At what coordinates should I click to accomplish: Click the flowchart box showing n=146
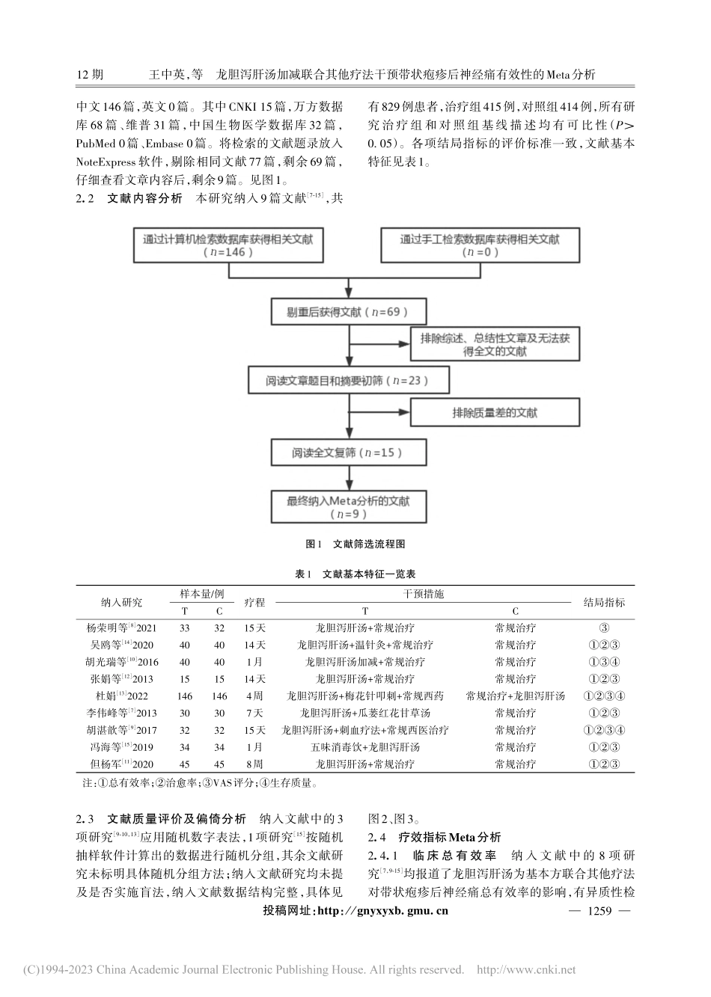coord(228,245)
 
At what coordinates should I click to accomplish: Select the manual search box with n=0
coord(480,245)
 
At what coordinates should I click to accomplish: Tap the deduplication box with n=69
coord(341,311)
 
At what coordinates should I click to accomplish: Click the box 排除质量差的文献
coord(495,413)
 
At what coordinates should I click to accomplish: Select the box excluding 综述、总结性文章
coord(495,345)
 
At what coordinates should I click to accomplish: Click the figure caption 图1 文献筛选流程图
coord(355,544)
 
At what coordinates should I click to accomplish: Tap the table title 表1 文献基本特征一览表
coord(355,574)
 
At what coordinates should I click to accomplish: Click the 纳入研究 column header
coord(121,602)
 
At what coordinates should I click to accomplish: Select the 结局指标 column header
coord(604,602)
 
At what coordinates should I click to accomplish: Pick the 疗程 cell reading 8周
coord(254,764)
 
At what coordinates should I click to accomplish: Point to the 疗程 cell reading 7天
coord(254,713)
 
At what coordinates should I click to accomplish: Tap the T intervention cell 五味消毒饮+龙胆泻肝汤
coord(365,747)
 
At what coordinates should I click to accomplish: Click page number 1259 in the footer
coord(601,911)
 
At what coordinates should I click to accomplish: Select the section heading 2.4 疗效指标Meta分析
coord(435,838)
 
